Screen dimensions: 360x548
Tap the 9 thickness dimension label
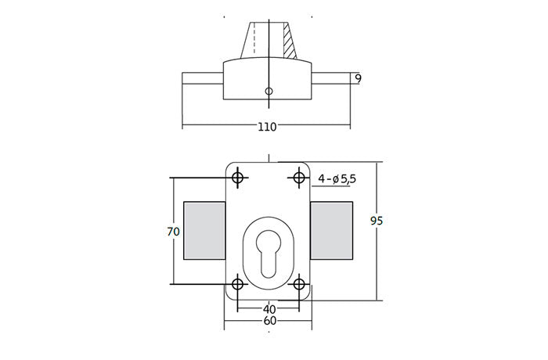coord(358,78)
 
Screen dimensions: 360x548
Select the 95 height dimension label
coord(376,221)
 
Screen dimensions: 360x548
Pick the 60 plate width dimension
coord(269,321)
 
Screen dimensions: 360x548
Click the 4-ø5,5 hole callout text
coord(337,179)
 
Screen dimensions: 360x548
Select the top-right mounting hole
coord(298,178)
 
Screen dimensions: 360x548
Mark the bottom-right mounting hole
coord(298,283)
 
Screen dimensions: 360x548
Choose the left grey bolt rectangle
coord(204,230)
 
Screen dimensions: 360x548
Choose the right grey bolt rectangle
coord(333,230)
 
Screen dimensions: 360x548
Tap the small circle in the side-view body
coord(269,92)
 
